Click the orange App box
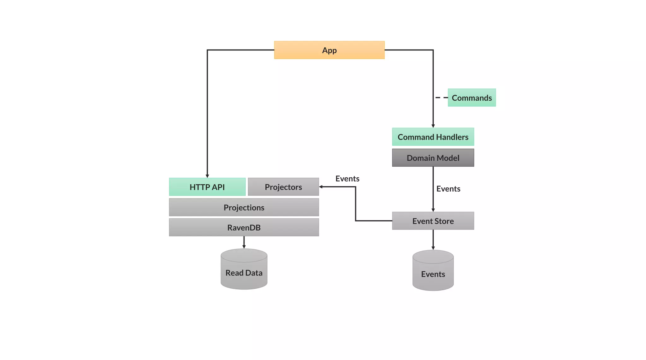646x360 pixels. pos(329,50)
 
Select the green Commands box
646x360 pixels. pos(472,97)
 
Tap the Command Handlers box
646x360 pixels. pos(433,137)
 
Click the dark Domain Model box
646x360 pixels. pos(433,157)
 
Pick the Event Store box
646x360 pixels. pos(433,221)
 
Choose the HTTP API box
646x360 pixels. pos(207,187)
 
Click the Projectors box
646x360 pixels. pos(283,187)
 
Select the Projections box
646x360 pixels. pos(244,207)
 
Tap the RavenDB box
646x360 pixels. pos(244,227)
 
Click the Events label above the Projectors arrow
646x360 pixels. pos(347,179)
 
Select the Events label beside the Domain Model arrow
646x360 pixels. pos(448,189)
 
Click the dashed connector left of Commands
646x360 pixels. pos(441,97)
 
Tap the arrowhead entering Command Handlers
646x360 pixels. pos(433,126)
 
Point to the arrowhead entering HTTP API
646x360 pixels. pos(207,176)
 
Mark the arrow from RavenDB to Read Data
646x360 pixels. pos(244,242)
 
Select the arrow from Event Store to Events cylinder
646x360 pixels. pos(433,239)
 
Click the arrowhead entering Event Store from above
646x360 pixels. pos(433,210)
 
